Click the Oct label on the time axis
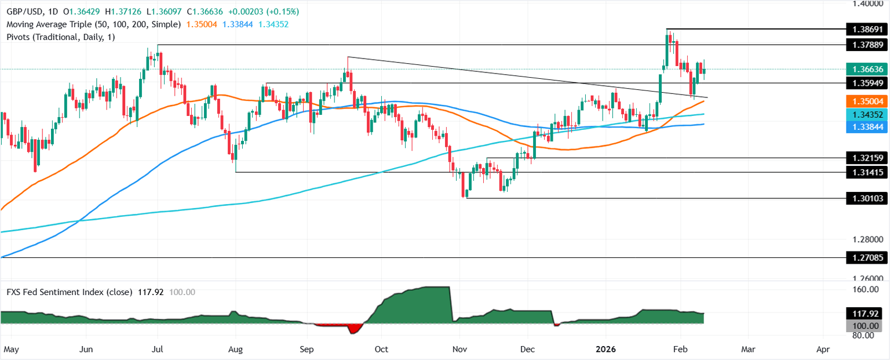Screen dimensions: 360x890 381,350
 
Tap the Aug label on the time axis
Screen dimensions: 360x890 236,350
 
